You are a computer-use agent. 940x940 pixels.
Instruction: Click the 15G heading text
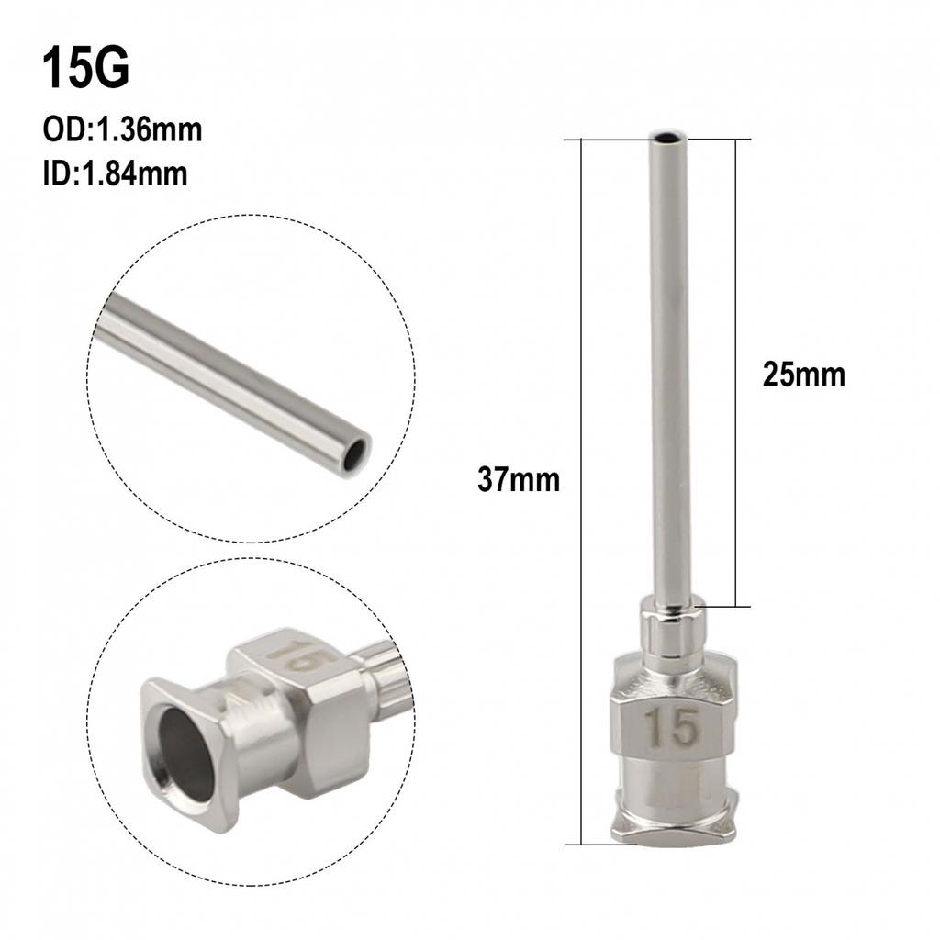[86, 69]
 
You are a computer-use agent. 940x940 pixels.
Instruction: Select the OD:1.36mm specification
[122, 130]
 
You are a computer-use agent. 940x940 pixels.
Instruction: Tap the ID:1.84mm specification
[115, 173]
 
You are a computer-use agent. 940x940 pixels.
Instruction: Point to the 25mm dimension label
[803, 375]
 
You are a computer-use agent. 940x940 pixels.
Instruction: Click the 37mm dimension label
[518, 479]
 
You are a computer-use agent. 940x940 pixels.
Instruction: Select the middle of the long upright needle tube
[668, 367]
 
